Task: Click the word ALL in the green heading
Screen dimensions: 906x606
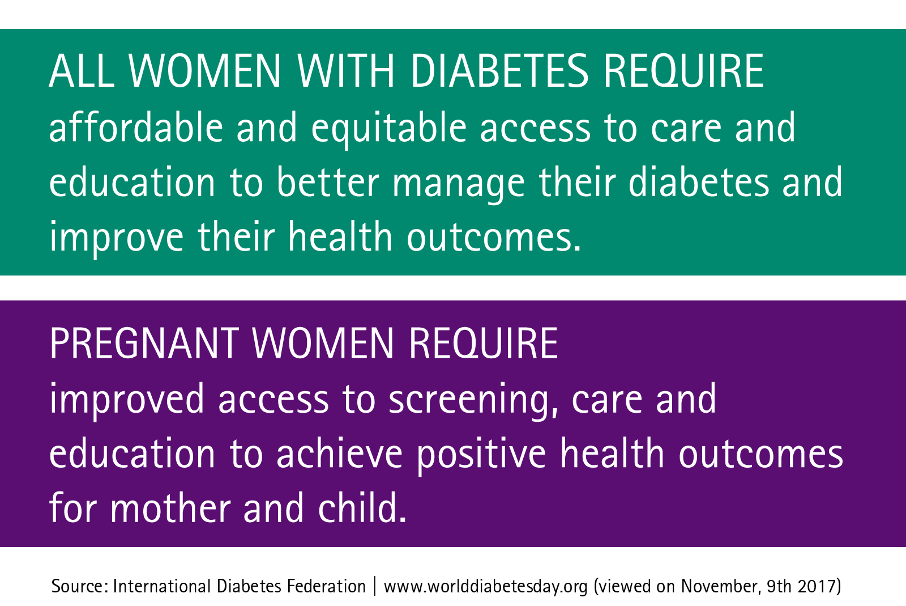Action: tap(82, 71)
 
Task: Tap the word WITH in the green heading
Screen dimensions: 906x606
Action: tap(346, 71)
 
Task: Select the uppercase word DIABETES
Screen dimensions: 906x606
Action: tap(499, 71)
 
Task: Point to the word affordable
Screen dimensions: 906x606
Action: tap(136, 127)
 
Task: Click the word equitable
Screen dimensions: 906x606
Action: tap(388, 129)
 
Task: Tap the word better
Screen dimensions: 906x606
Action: tap(328, 182)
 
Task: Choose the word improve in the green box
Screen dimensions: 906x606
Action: tap(117, 239)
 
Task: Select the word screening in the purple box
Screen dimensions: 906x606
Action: tap(473, 401)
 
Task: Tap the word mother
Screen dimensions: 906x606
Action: tap(170, 507)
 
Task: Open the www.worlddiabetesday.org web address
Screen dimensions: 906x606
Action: tap(485, 587)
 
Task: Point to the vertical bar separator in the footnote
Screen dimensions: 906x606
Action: tap(374, 586)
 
